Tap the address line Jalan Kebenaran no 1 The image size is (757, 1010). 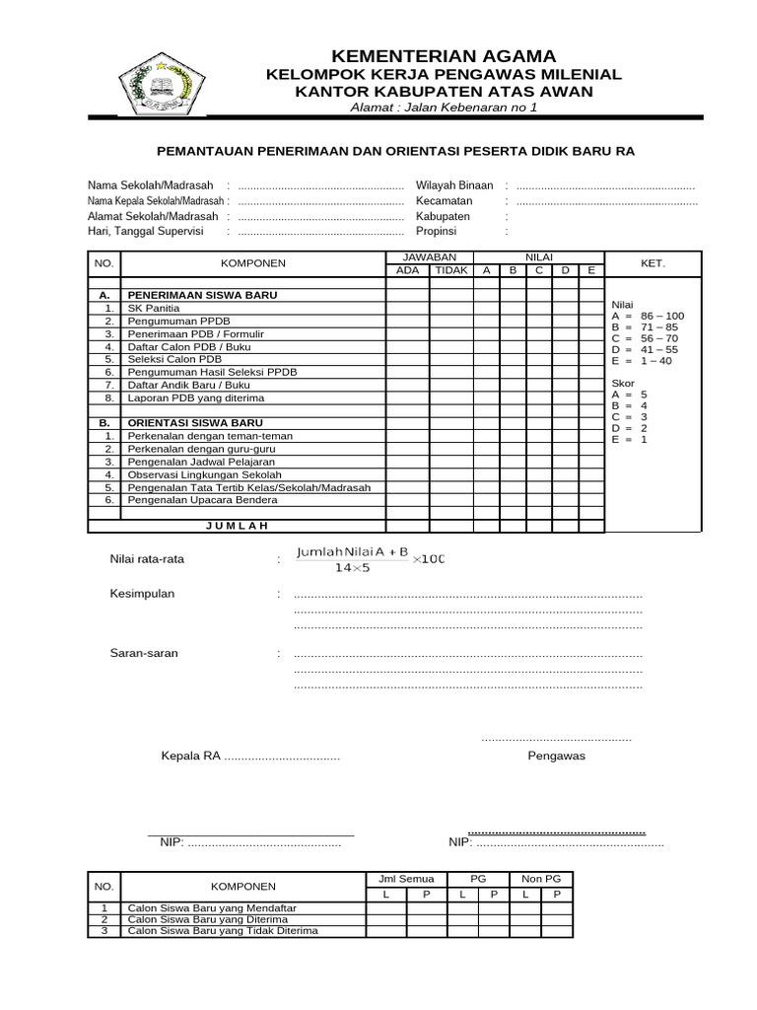(x=446, y=108)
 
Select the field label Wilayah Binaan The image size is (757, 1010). (x=454, y=184)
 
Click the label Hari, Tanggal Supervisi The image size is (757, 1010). (x=145, y=232)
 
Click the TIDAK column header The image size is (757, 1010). (x=451, y=269)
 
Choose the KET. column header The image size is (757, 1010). (x=652, y=263)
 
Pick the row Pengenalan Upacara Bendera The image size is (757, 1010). (x=202, y=500)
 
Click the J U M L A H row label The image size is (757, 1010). (x=237, y=526)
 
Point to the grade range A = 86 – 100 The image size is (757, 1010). (x=648, y=316)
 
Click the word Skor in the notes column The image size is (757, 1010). (x=622, y=382)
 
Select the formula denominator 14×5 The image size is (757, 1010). (x=352, y=568)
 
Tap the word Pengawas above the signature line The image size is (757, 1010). (x=556, y=756)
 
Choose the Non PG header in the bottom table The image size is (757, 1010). (x=540, y=878)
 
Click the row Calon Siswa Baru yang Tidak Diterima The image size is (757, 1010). (x=223, y=930)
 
